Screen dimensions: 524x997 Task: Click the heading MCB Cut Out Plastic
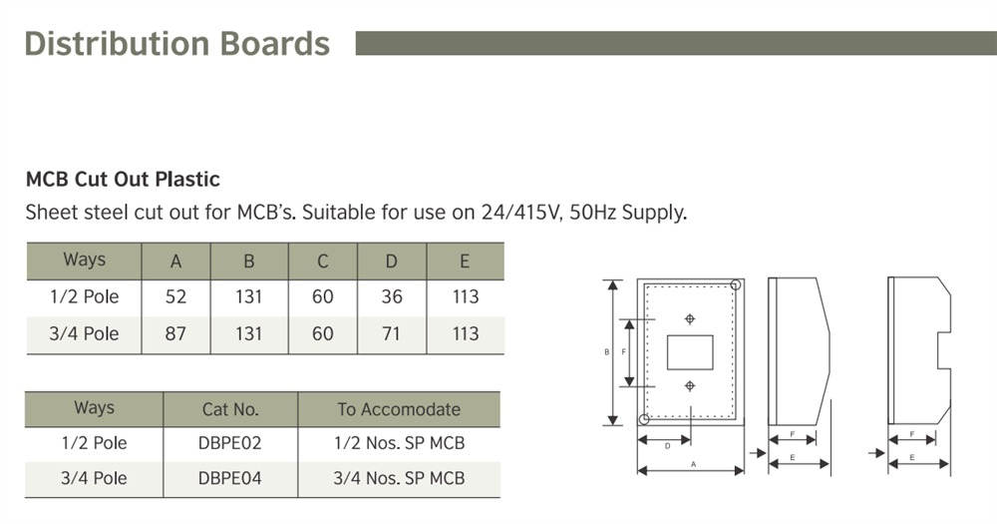123,180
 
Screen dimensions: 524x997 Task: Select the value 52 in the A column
175,296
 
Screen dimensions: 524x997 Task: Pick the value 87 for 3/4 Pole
175,333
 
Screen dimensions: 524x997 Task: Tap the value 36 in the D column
391,296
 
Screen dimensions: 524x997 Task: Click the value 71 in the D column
391,333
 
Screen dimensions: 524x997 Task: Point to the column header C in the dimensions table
322,262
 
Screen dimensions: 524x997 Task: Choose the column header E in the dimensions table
465,262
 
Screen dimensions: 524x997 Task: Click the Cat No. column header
230,409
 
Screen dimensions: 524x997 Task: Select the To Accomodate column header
399,409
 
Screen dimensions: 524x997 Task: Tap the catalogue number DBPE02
230,443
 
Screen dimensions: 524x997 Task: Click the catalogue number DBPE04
230,478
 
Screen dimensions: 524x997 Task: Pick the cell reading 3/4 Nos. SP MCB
399,478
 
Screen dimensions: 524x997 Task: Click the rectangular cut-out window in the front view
689,351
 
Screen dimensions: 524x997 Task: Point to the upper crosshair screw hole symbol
689,318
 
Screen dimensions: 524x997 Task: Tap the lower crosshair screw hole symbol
689,385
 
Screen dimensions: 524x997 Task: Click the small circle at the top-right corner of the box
735,285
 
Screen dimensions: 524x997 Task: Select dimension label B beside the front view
607,352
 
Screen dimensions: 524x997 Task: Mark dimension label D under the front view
667,445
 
